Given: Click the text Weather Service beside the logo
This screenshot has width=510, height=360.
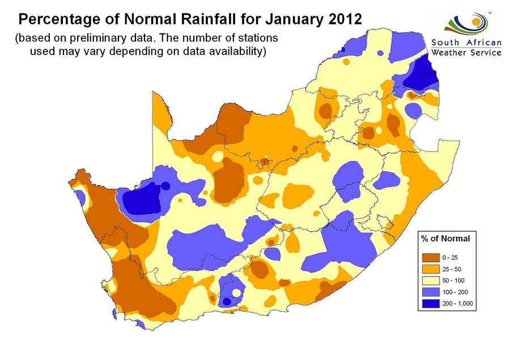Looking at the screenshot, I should pos(466,53).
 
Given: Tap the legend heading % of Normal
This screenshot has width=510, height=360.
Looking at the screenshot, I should pos(445,239).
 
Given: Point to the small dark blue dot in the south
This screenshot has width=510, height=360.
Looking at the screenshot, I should pos(227,302).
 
